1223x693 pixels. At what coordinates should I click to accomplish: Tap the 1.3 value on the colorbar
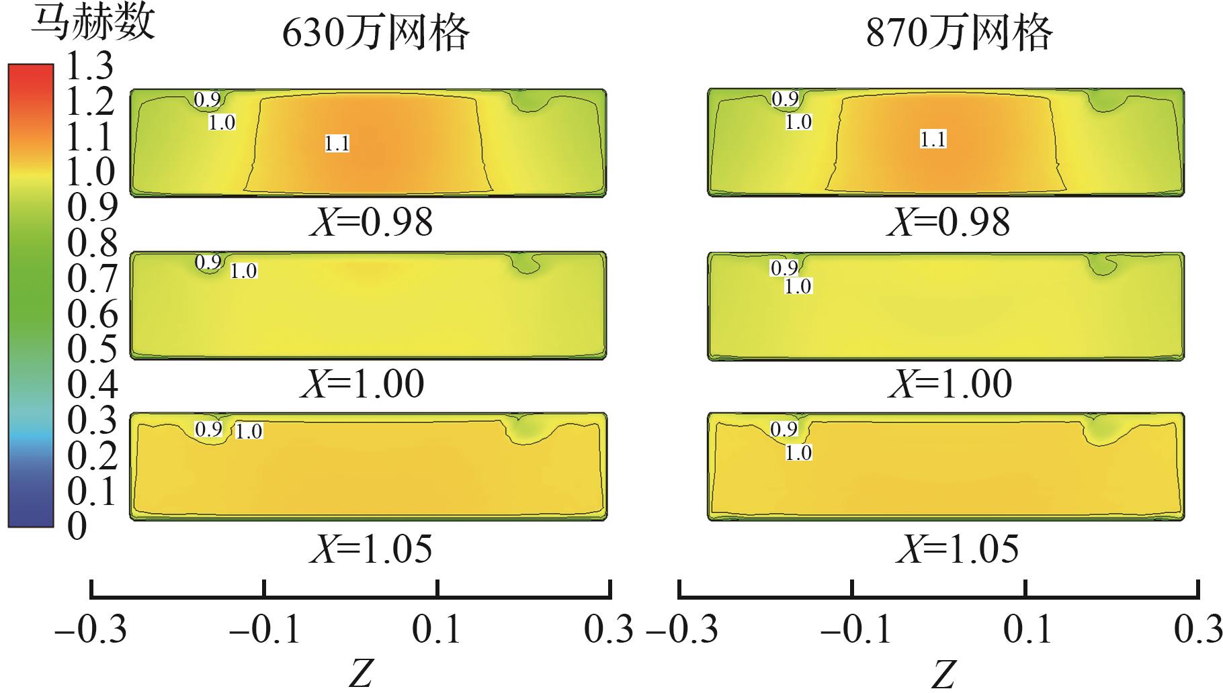pos(91,67)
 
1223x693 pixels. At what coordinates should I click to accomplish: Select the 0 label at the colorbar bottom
pos(78,526)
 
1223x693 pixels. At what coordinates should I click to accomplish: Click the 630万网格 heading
pos(375,34)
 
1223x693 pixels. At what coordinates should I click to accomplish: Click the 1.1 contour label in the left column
pos(337,143)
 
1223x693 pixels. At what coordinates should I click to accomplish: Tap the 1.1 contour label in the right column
pos(933,139)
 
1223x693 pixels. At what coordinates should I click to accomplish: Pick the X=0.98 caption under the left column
pos(371,222)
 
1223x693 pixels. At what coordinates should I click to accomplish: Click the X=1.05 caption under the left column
pos(371,549)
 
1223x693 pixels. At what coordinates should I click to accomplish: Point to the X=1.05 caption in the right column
pos(957,549)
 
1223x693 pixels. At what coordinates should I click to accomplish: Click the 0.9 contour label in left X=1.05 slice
pos(208,429)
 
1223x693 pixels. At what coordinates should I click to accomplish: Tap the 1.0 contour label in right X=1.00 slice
pos(798,286)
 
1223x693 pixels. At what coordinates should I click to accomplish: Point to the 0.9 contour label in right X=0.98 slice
pos(785,99)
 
